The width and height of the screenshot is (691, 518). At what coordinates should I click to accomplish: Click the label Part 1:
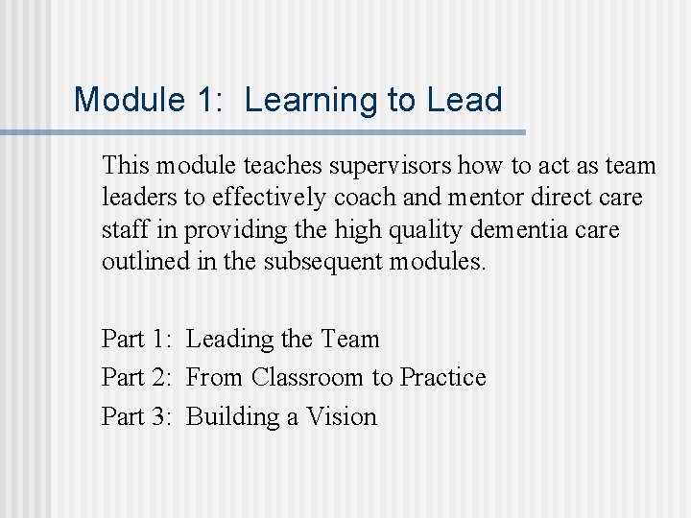click(137, 339)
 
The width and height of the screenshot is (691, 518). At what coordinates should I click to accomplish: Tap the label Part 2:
click(137, 377)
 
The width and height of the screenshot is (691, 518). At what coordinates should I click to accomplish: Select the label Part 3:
click(137, 416)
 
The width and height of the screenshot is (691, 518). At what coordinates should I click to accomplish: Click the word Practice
click(442, 377)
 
